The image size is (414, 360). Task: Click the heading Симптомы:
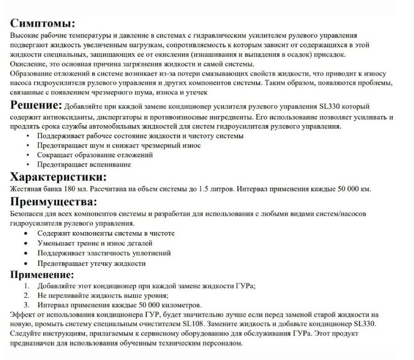(43, 24)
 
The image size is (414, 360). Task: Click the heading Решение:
(36, 105)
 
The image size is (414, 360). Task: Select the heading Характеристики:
(59, 176)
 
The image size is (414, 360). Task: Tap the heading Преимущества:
(54, 201)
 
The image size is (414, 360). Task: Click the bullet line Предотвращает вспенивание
(84, 164)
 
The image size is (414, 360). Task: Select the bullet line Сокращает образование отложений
(95, 155)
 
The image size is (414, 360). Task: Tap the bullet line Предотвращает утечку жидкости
(92, 263)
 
